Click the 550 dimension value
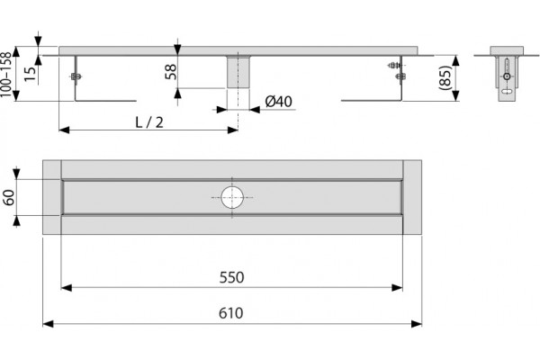click(231, 277)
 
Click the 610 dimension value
click(230, 313)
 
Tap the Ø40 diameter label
click(279, 102)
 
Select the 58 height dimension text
click(171, 72)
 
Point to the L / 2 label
click(149, 122)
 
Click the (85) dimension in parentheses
click(445, 78)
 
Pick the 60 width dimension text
click(9, 197)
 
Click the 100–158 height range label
click(6, 75)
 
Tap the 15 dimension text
click(30, 74)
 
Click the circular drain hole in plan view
click(232, 198)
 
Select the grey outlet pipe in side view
click(238, 72)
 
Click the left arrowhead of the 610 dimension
click(48, 324)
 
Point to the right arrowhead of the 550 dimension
click(397, 288)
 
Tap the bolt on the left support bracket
click(76, 76)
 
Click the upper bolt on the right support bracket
click(395, 65)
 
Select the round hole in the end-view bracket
click(507, 76)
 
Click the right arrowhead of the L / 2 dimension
click(233, 130)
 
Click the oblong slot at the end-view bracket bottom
click(507, 92)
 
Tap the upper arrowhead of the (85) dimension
click(455, 60)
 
